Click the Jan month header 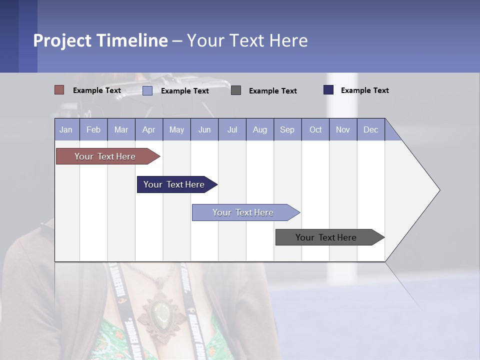[66, 129]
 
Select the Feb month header [93, 129]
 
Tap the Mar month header [121, 129]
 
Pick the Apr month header [149, 129]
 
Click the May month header [176, 129]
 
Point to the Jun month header [204, 129]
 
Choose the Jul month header [232, 129]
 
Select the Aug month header [260, 129]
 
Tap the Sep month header [287, 129]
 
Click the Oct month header [315, 129]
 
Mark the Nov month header [343, 129]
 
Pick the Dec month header [371, 129]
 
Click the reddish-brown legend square [59, 90]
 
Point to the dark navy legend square [328, 90]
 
